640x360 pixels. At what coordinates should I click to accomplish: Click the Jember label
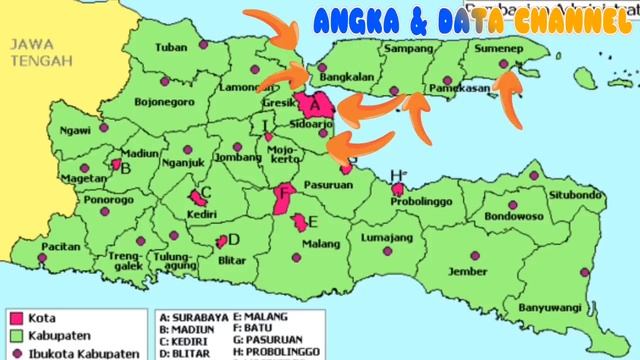(x=469, y=271)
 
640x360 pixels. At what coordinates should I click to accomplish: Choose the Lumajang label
(x=383, y=237)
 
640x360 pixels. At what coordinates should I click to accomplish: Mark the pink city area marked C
(x=196, y=199)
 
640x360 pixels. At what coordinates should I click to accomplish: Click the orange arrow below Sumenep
(x=510, y=95)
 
